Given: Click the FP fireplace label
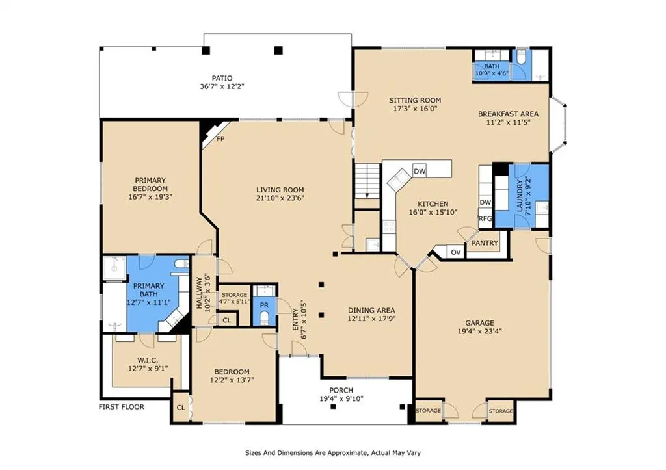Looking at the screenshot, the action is (x=220, y=139).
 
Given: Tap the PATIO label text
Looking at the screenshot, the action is (x=222, y=78).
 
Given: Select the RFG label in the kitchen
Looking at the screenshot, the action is (x=485, y=218).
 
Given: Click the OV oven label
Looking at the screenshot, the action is (x=456, y=252).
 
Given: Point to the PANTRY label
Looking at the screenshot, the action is (x=485, y=243).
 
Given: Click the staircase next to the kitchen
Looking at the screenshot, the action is (x=367, y=181).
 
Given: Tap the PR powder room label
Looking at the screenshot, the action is (x=264, y=306).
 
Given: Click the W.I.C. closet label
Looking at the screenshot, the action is (x=148, y=360).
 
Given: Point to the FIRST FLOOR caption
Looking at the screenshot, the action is (x=122, y=407).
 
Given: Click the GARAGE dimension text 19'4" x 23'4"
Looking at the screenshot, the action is (x=479, y=331).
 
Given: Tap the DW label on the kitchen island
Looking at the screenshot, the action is (x=420, y=172).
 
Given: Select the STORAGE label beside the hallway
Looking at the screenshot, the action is (x=234, y=295).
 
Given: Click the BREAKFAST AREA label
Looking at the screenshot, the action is (x=509, y=114).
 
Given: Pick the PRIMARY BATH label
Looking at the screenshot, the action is (x=149, y=290).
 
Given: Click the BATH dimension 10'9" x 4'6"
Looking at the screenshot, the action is (x=492, y=73).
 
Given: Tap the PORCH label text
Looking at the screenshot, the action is (x=341, y=390).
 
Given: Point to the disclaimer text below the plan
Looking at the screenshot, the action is (x=333, y=453).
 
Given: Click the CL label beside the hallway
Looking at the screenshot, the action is (x=227, y=320).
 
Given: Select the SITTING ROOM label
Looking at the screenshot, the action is (x=415, y=100).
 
